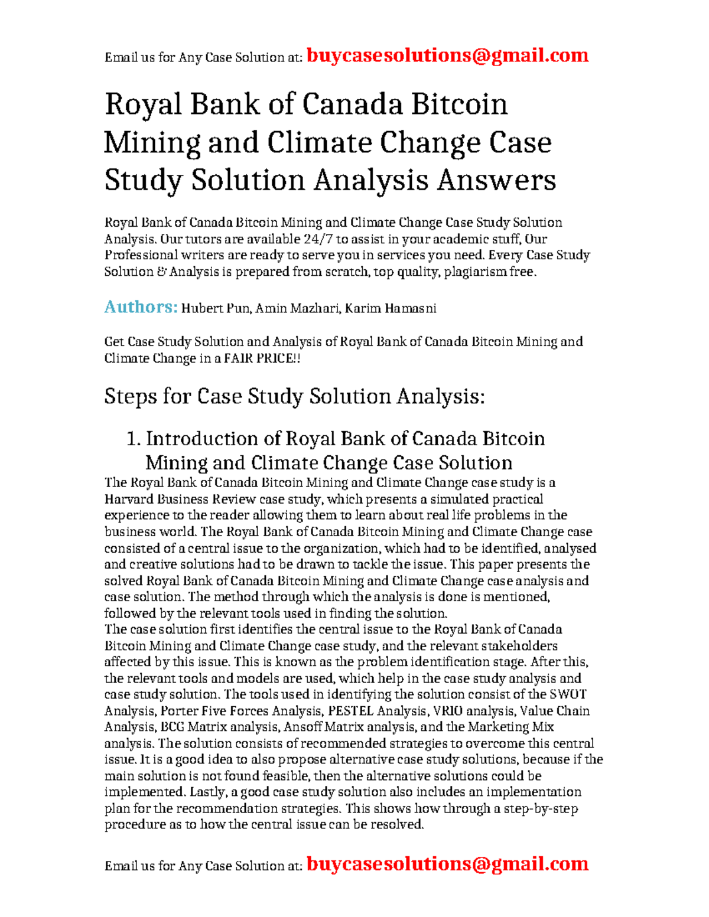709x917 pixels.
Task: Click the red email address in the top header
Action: pos(448,56)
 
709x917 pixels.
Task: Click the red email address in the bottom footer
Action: pos(448,864)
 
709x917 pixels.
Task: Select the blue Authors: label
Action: pos(141,307)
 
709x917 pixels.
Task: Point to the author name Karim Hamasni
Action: pos(391,308)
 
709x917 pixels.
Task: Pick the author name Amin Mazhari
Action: pos(297,308)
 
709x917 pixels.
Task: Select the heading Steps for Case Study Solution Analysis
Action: pos(294,396)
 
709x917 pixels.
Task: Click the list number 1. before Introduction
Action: pos(134,439)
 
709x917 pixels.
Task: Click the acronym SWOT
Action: pos(568,694)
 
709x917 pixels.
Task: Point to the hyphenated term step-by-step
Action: pos(540,808)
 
